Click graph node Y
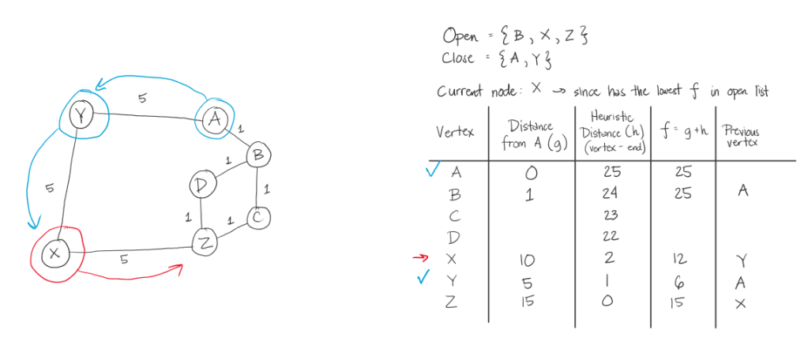coord(80,115)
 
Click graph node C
coord(258,216)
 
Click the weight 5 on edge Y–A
coord(141,98)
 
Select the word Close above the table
coord(458,58)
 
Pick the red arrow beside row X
coord(425,257)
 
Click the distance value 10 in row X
coord(529,260)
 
